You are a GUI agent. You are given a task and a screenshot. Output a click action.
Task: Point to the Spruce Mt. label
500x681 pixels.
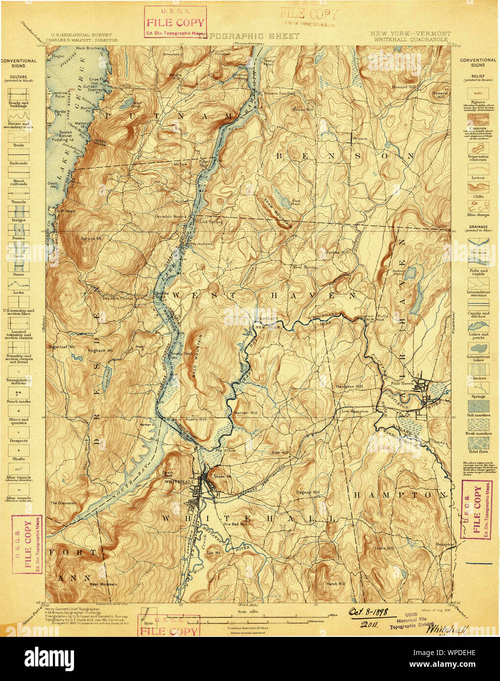[91, 239]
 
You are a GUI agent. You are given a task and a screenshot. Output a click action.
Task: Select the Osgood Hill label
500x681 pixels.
[308, 492]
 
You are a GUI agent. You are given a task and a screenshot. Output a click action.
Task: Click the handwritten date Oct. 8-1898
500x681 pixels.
[368, 612]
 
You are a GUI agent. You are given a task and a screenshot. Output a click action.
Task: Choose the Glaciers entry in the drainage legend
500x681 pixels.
[478, 378]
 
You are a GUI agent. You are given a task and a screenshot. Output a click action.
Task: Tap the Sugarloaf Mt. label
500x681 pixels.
[61, 346]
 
